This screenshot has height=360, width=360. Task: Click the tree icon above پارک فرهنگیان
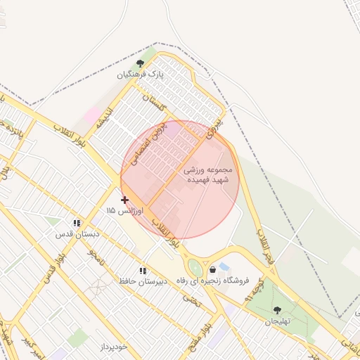(149, 61)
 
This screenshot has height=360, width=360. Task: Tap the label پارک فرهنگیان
(144, 74)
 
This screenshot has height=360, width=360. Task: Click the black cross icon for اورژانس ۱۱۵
(125, 200)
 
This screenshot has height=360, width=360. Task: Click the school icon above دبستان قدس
(77, 223)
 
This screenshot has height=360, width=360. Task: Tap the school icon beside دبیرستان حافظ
(143, 271)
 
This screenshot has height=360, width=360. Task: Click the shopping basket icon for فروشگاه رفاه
(212, 270)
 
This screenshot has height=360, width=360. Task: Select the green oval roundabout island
(195, 268)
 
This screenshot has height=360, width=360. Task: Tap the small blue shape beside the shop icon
(224, 267)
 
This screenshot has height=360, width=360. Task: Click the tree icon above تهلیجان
(276, 309)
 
